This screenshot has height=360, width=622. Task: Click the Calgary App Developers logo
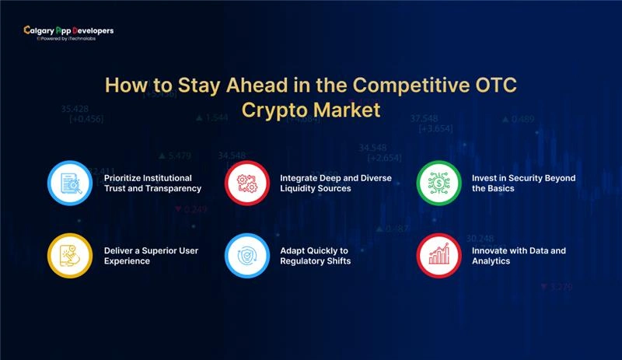68,31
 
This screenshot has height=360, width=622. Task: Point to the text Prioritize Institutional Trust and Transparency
152,183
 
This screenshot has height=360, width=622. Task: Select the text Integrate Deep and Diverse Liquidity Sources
337,183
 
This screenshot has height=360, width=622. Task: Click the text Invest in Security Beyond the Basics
524,183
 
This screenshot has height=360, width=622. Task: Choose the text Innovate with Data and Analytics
519,256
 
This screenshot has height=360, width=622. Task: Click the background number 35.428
75,108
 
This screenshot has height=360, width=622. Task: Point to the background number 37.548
424,118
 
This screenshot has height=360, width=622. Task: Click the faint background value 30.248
480,238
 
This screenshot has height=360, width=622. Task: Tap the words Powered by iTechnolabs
75,37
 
